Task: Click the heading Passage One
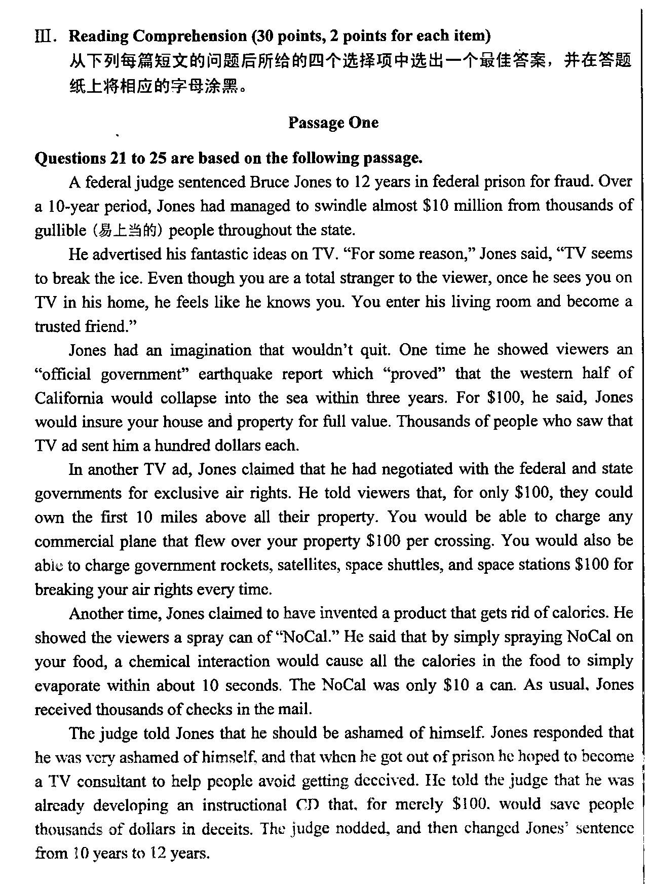[x=333, y=123]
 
